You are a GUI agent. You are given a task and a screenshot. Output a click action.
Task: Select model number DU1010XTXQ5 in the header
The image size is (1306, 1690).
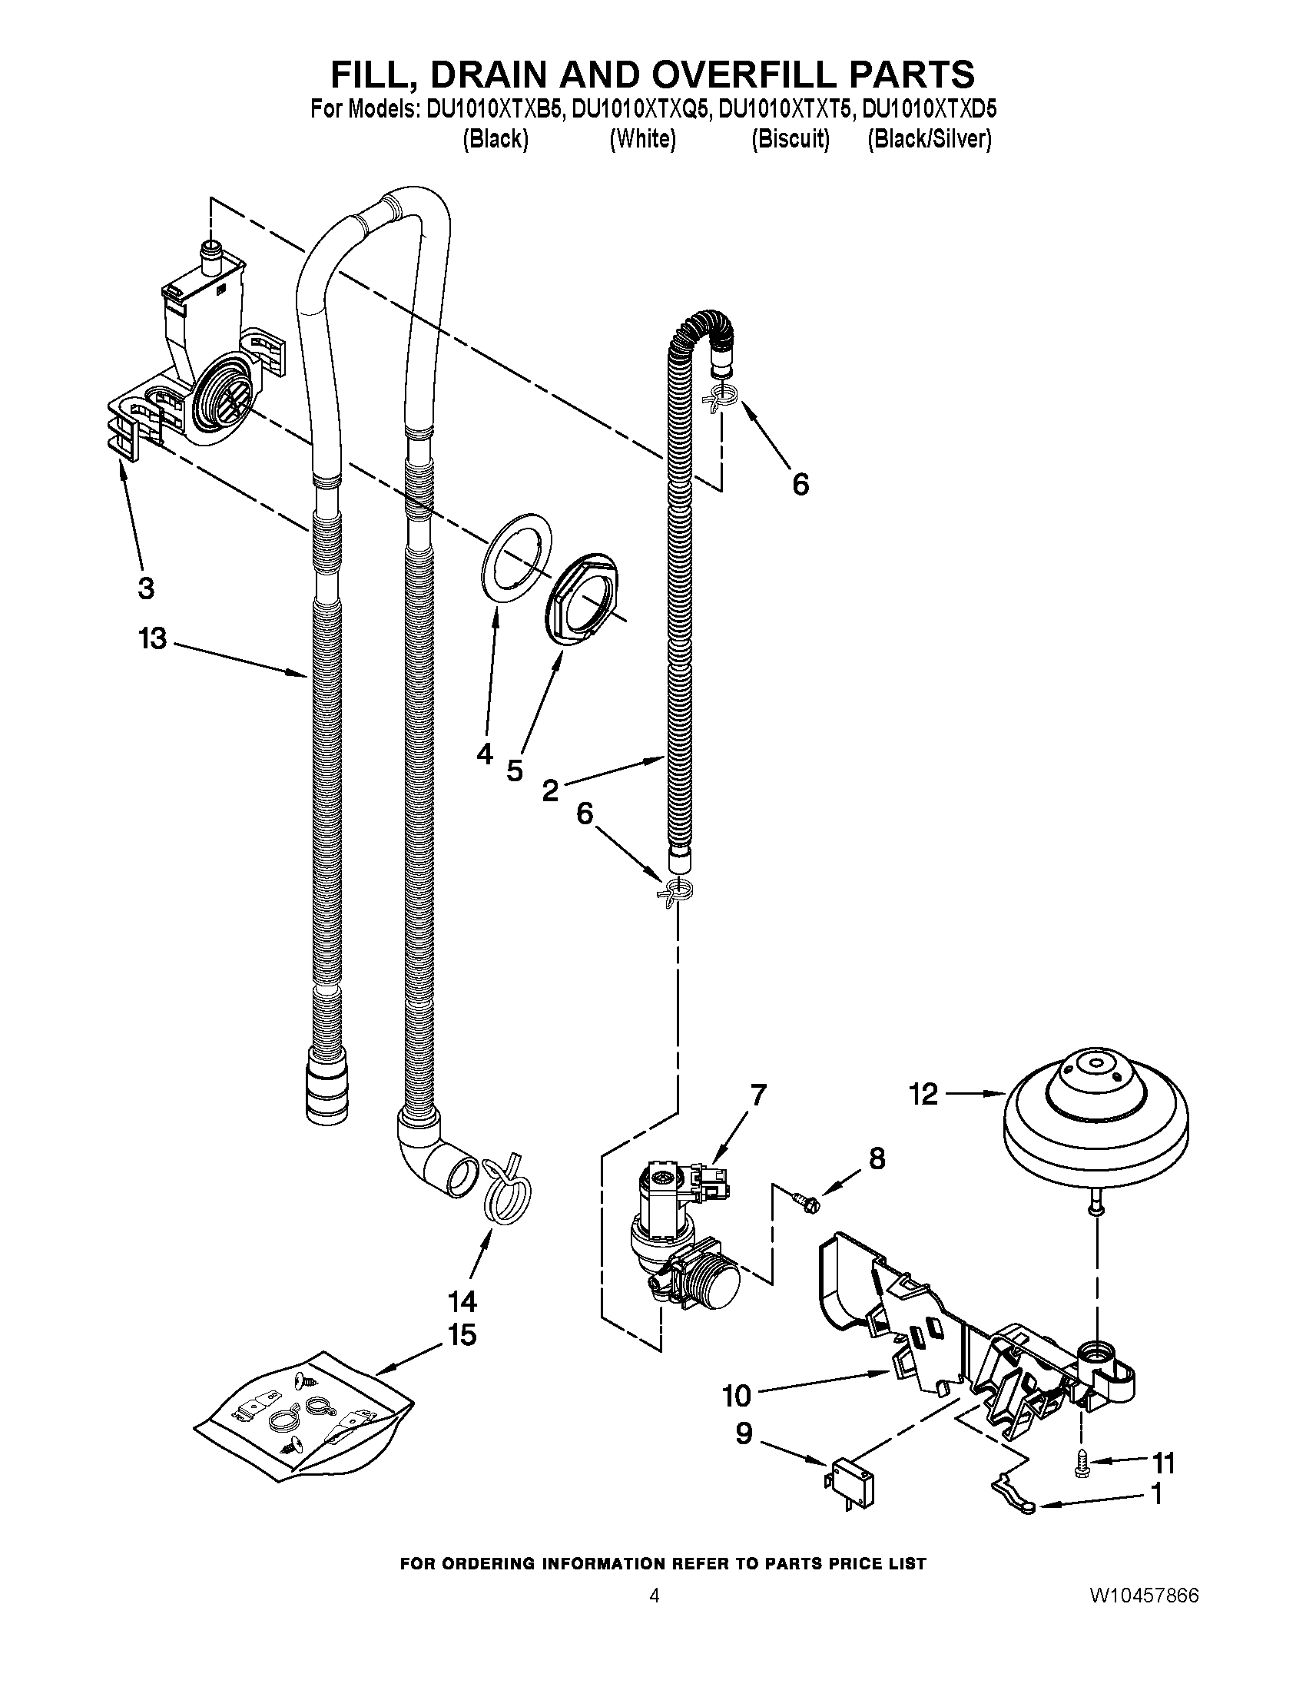point(641,110)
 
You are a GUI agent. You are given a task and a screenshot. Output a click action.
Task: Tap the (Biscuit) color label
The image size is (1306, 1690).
point(790,139)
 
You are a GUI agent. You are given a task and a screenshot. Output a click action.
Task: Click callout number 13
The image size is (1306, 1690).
point(153,639)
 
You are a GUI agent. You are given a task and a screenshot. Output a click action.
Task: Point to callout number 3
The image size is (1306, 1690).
point(145,588)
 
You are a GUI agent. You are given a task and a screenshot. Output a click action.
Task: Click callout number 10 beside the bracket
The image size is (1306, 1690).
point(737,1396)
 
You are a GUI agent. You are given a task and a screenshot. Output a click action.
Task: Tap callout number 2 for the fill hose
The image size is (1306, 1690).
point(550,790)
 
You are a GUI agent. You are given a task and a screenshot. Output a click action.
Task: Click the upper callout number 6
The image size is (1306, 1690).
point(800,485)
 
